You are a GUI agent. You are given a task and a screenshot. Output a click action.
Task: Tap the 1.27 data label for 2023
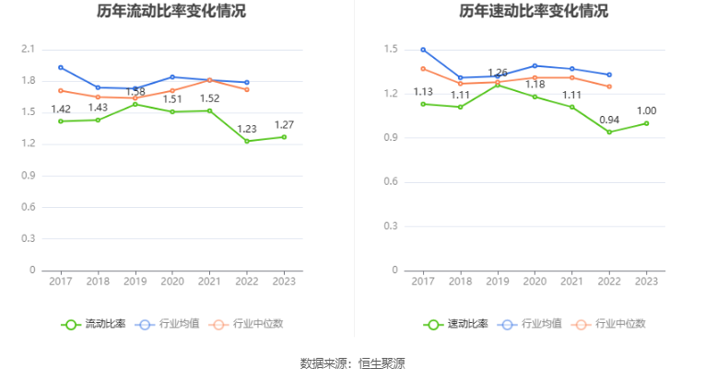(284, 125)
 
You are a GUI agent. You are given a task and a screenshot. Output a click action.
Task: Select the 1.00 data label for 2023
(646, 111)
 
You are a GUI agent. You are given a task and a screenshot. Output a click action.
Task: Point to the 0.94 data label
(609, 120)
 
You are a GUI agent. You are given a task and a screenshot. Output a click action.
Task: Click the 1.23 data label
(247, 129)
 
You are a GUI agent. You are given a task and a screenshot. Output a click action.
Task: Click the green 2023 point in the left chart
(284, 137)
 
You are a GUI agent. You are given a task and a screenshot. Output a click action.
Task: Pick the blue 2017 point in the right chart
(423, 50)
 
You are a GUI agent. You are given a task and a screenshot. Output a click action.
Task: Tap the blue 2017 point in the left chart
(61, 67)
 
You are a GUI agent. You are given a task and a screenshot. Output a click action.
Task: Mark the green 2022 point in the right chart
(609, 132)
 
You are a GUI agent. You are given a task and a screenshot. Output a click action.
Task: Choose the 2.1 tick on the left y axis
(28, 49)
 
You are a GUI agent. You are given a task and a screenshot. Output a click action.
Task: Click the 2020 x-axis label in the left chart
(172, 282)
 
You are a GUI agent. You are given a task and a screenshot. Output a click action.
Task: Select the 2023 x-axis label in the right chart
(646, 282)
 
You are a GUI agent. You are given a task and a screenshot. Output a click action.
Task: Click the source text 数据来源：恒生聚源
(352, 363)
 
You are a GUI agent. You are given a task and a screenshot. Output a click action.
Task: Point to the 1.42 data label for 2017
(61, 109)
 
